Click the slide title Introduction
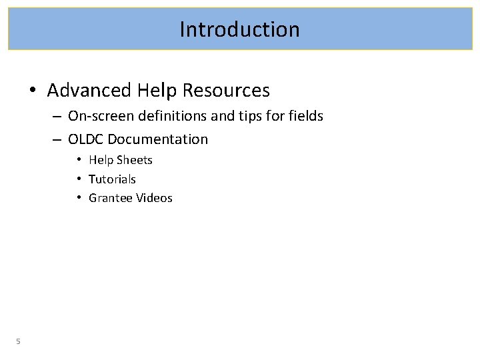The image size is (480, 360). click(x=239, y=29)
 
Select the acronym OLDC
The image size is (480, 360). click(x=87, y=139)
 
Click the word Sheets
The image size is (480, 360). click(x=135, y=160)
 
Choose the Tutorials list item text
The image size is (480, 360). click(x=112, y=179)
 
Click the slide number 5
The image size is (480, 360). click(x=19, y=341)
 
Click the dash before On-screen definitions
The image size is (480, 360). click(x=56, y=117)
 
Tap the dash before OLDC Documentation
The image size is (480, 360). click(x=56, y=140)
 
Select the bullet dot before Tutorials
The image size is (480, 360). click(x=79, y=179)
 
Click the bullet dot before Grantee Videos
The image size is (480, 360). click(x=79, y=198)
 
